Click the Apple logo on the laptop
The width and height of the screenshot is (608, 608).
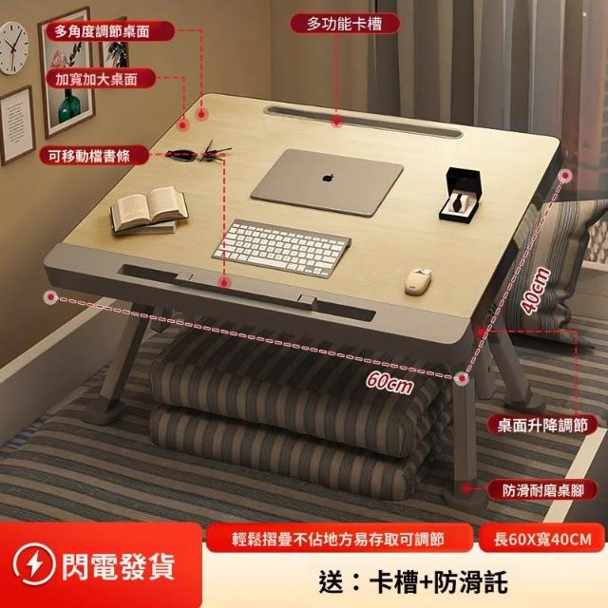click(x=328, y=178)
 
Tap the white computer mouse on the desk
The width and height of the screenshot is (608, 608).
click(x=418, y=280)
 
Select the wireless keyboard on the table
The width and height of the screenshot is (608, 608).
click(x=281, y=247)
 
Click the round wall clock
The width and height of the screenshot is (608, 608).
click(x=13, y=48)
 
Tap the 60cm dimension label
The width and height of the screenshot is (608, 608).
click(x=389, y=382)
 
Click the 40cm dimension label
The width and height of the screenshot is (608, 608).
click(x=536, y=290)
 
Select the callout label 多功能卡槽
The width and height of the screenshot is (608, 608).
click(x=345, y=24)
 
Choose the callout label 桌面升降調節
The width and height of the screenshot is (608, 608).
click(x=542, y=426)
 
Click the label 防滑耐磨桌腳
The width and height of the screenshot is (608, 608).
click(x=542, y=491)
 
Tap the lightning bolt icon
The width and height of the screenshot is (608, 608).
click(x=34, y=564)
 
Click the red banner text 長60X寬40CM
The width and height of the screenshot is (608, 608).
click(x=542, y=540)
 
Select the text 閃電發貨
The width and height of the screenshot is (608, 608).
click(x=118, y=566)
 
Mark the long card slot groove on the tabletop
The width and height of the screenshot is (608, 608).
click(x=363, y=122)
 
